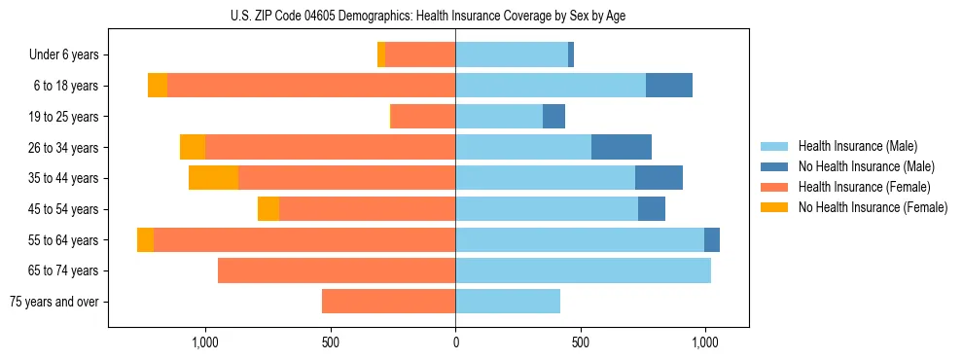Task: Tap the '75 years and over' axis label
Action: coord(54,302)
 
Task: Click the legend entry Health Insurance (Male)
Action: coord(856,146)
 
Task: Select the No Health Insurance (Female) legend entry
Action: coord(872,207)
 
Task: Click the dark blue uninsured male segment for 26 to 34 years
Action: coord(622,147)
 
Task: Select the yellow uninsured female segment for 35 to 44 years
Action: coord(213,178)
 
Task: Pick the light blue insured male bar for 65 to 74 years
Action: coord(583,270)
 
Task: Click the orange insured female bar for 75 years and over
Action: coord(388,302)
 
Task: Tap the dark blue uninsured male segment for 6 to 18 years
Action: coord(669,86)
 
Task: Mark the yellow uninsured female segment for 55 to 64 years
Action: coord(145,239)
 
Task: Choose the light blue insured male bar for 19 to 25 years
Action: coord(499,117)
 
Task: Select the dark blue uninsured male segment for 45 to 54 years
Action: coord(652,209)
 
